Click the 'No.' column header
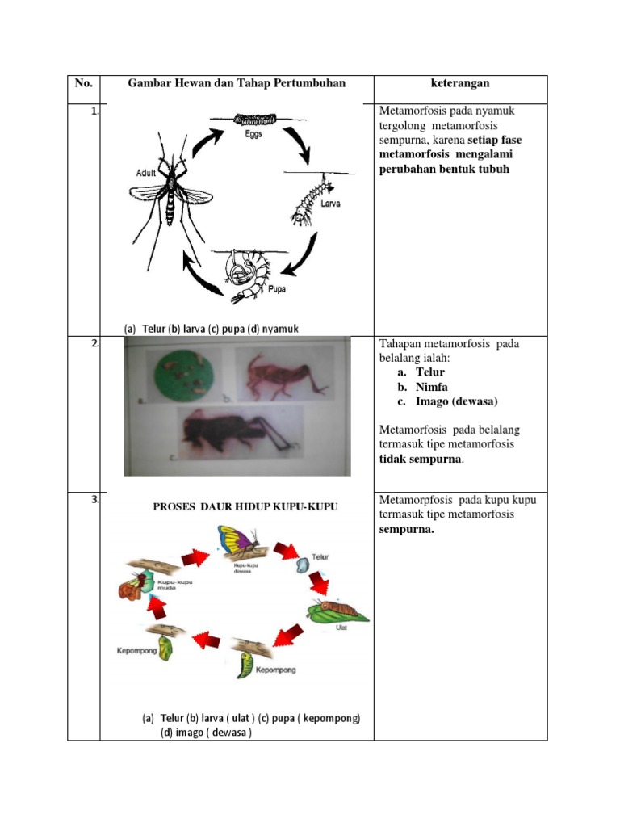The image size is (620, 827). pyautogui.click(x=83, y=83)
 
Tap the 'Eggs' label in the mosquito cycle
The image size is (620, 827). pyautogui.click(x=253, y=135)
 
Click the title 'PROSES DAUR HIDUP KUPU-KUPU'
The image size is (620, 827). pyautogui.click(x=246, y=506)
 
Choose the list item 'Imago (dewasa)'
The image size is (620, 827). pyautogui.click(x=457, y=401)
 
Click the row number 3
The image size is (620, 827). pyautogui.click(x=94, y=500)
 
